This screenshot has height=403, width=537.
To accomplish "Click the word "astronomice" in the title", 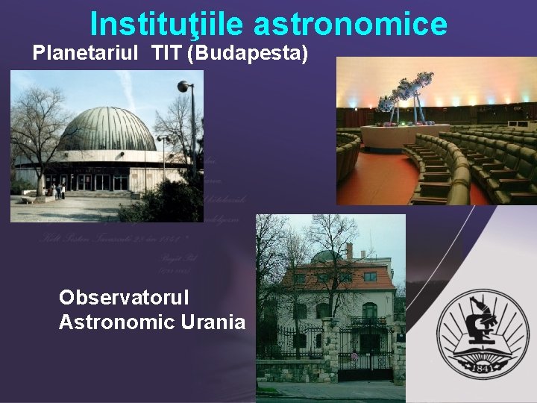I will (351, 24).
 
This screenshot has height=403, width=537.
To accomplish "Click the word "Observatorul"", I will (124, 297).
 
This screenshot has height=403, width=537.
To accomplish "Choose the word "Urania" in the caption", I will (216, 322).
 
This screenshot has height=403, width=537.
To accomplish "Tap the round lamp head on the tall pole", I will (183, 87).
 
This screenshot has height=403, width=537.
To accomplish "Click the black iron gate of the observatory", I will (365, 351).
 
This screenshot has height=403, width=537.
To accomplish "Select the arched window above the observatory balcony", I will (369, 310).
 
